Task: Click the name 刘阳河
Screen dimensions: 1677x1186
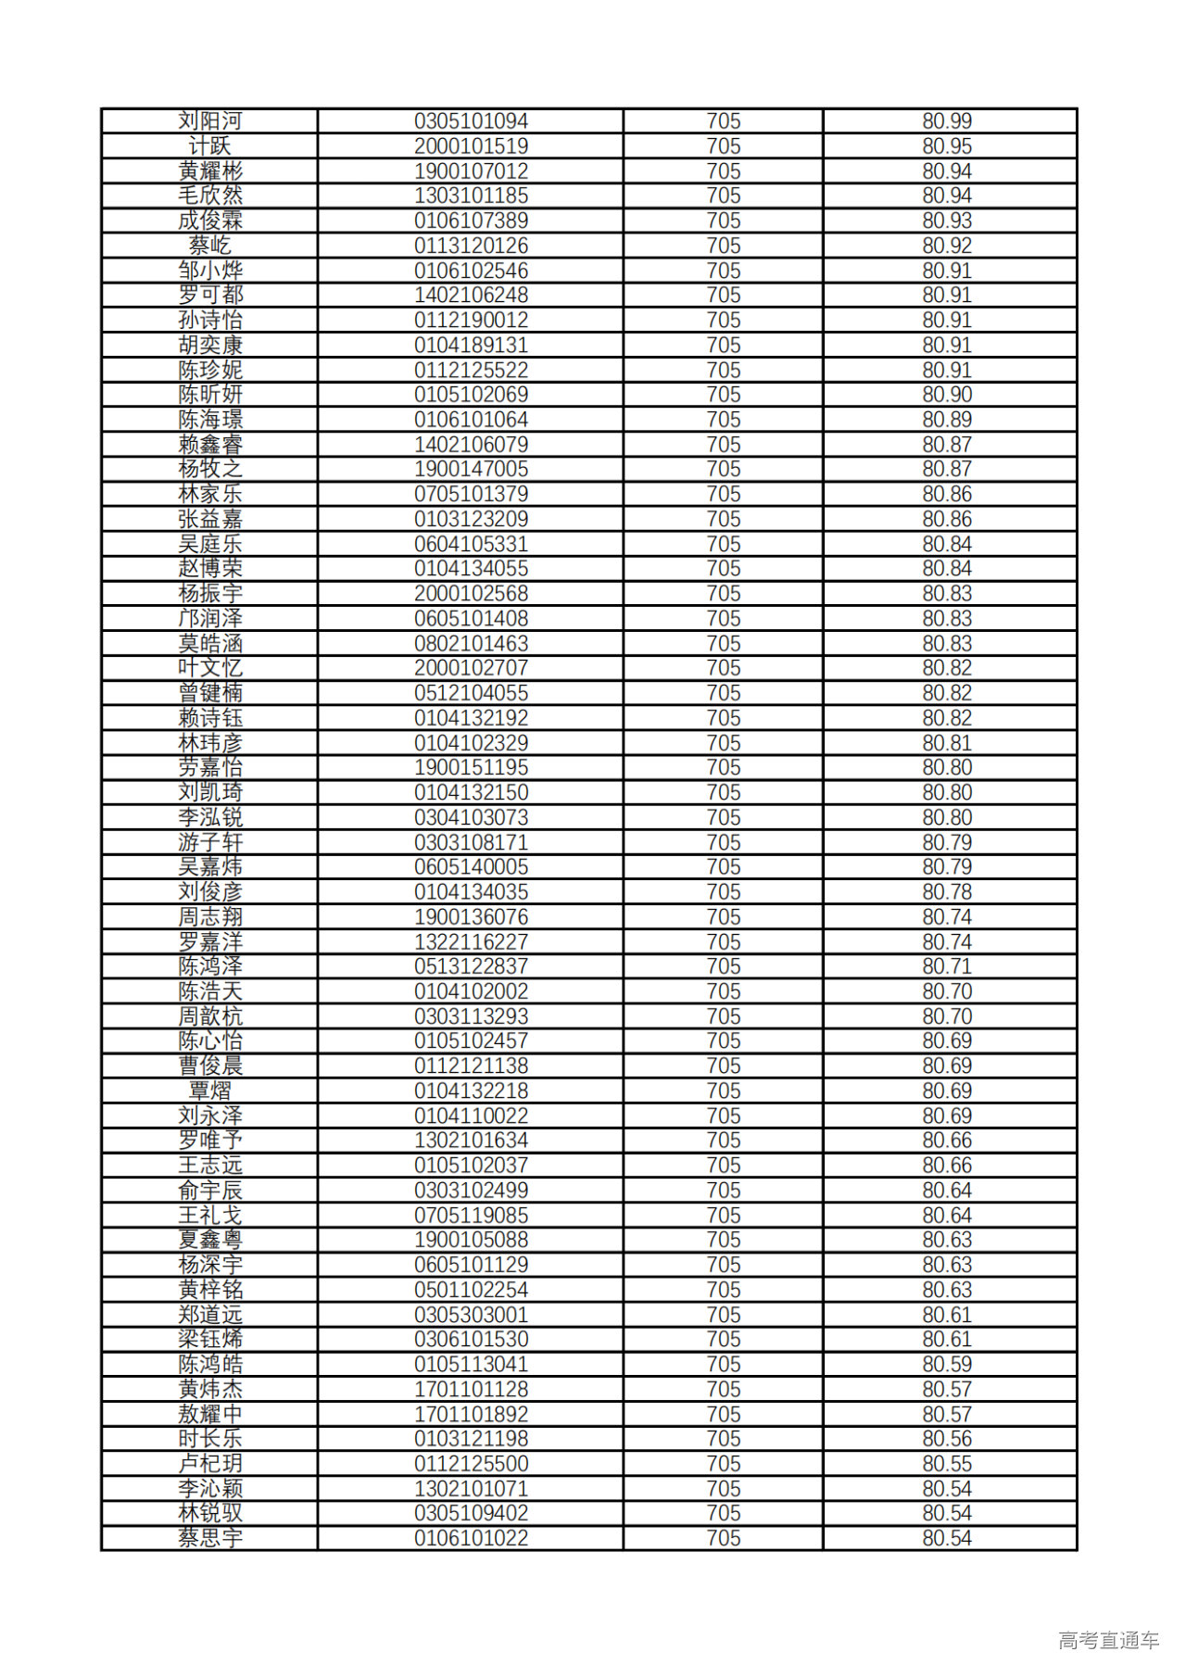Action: (210, 121)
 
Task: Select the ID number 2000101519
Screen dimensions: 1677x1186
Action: (471, 146)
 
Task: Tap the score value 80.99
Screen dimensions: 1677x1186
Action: (946, 121)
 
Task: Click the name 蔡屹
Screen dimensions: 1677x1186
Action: (210, 246)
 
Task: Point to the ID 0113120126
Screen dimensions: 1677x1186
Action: (471, 246)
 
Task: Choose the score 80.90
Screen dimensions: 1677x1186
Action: (946, 395)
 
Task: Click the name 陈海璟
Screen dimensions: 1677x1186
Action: (210, 420)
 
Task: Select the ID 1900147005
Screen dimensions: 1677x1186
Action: (471, 469)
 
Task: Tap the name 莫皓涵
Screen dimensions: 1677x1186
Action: (210, 643)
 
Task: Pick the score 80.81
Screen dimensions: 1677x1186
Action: (946, 743)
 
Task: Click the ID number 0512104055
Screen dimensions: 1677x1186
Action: (471, 693)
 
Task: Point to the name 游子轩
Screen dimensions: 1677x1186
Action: (210, 842)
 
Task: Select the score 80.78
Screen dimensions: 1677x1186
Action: (946, 892)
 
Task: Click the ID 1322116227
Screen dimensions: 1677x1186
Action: (471, 941)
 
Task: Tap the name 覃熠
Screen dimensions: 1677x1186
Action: (210, 1091)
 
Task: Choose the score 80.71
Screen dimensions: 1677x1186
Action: (946, 966)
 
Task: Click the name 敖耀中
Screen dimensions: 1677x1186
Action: (210, 1414)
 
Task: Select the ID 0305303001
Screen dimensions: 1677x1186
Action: (471, 1315)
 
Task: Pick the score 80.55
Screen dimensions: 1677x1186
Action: (946, 1464)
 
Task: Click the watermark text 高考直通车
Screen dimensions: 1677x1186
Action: (1108, 1640)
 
